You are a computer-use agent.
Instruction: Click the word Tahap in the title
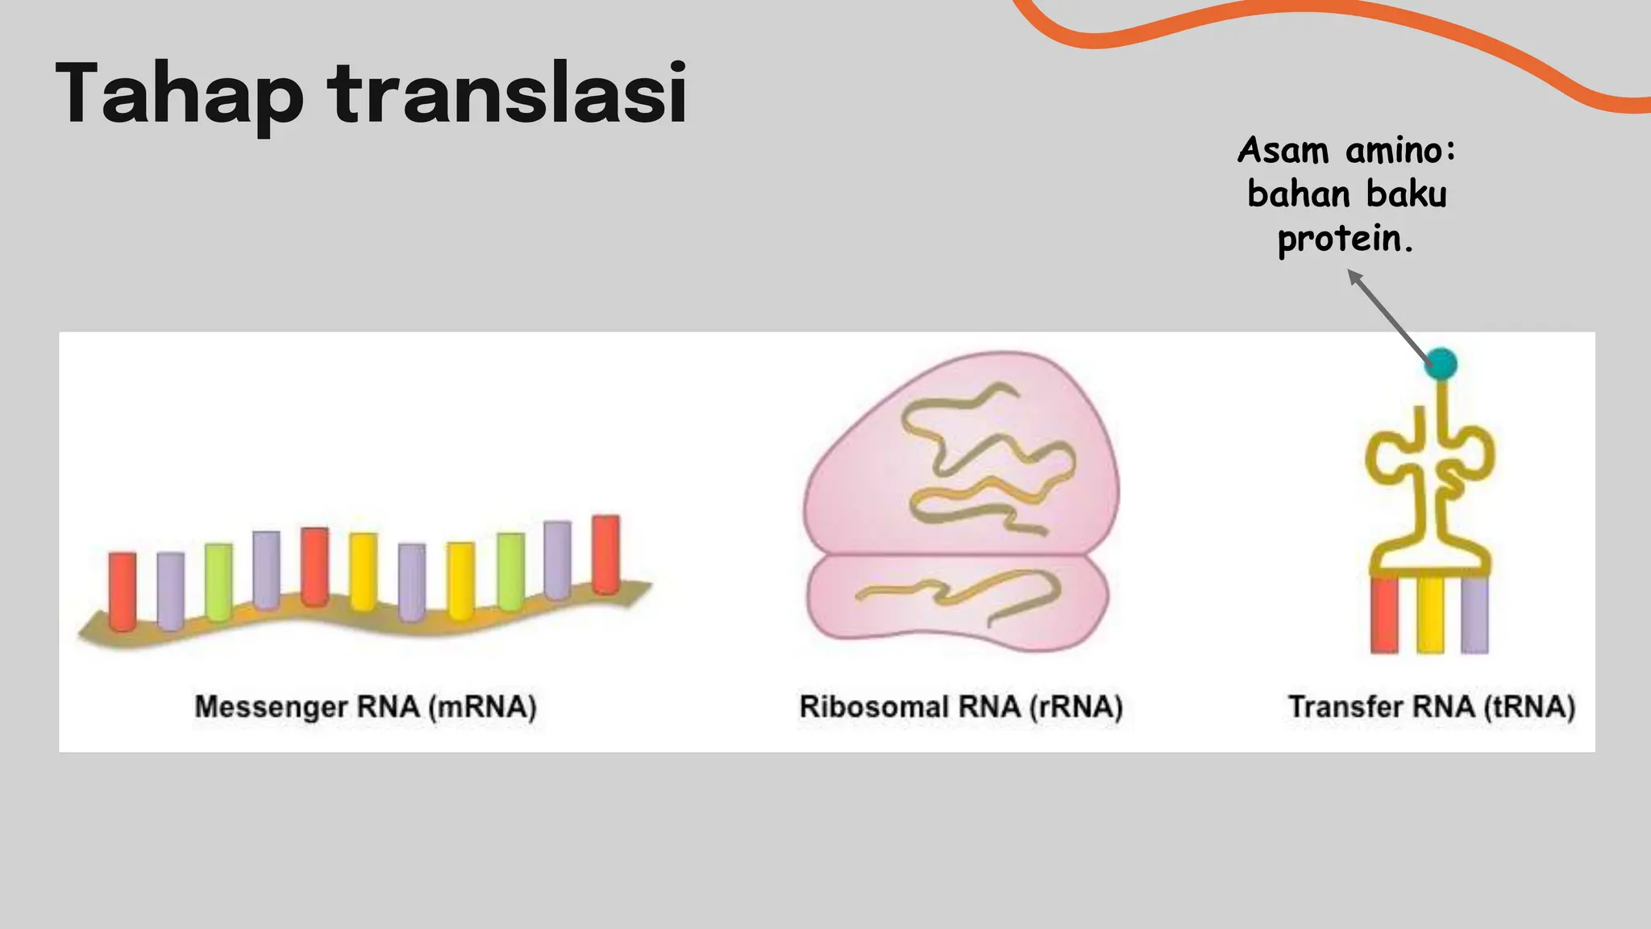179,95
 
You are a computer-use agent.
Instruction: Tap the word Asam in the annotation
1283,151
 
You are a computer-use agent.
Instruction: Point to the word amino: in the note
1400,151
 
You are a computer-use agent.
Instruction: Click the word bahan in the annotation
1299,194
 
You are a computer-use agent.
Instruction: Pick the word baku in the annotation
1407,194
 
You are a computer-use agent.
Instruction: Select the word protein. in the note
1345,240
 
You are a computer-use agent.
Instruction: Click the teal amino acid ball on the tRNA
1441,364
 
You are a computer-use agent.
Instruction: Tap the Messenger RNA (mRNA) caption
365,707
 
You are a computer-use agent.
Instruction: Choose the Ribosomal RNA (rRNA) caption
961,707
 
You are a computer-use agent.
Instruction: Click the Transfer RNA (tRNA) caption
1432,707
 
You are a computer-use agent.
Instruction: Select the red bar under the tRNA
1385,614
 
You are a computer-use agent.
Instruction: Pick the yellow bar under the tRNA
1430,614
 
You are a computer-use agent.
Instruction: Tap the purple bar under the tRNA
1474,614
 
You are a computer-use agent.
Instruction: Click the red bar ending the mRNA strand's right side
606,554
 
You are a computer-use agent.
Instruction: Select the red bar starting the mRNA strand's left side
123,591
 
